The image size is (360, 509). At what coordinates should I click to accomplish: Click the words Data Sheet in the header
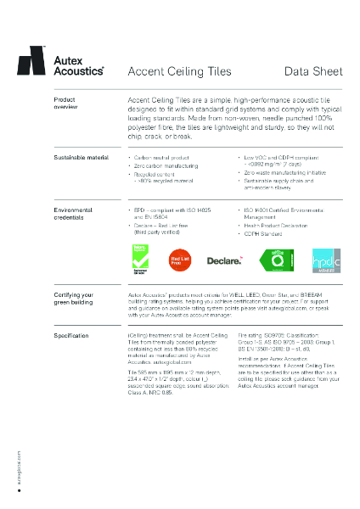313,70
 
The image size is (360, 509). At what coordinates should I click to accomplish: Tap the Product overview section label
65,104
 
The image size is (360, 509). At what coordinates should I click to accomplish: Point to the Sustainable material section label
80,158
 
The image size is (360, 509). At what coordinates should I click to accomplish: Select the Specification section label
71,336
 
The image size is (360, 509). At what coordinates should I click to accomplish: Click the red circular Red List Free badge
180,260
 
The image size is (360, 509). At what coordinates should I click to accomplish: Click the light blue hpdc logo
326,260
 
